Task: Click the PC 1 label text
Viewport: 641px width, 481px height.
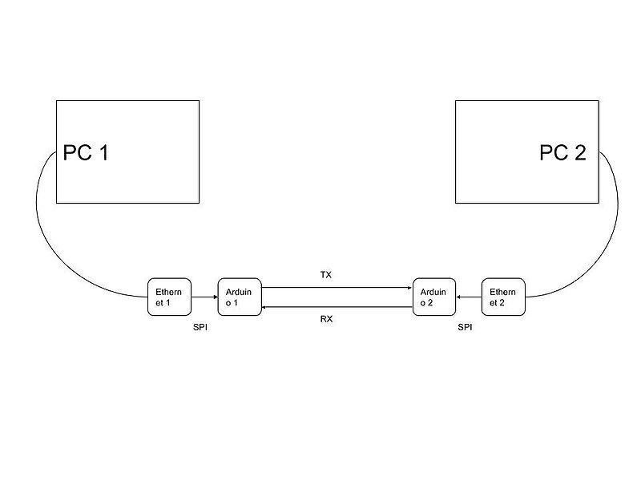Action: (x=86, y=152)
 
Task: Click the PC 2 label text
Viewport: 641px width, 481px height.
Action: (x=562, y=152)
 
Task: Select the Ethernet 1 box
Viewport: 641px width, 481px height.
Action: (x=168, y=297)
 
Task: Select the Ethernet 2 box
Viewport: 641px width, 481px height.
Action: (x=503, y=297)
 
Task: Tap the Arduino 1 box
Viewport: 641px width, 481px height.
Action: (x=239, y=297)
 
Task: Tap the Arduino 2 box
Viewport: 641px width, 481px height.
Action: (x=433, y=297)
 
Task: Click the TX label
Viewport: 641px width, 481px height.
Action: (x=325, y=275)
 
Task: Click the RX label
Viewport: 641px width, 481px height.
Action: (x=326, y=318)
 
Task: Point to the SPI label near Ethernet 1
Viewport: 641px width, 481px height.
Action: (x=200, y=327)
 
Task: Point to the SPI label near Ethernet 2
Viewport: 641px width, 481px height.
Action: (x=465, y=327)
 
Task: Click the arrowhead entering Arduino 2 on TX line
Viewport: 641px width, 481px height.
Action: (x=409, y=287)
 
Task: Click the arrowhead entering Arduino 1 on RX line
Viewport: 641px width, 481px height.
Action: (x=264, y=306)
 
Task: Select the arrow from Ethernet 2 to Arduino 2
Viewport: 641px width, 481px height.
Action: (x=468, y=297)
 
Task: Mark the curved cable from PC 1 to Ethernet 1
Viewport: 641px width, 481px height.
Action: (x=56, y=249)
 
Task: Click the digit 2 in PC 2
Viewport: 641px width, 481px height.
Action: (x=579, y=152)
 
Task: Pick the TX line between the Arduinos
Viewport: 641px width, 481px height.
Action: (x=337, y=287)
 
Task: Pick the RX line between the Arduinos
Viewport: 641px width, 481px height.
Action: (x=337, y=306)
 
